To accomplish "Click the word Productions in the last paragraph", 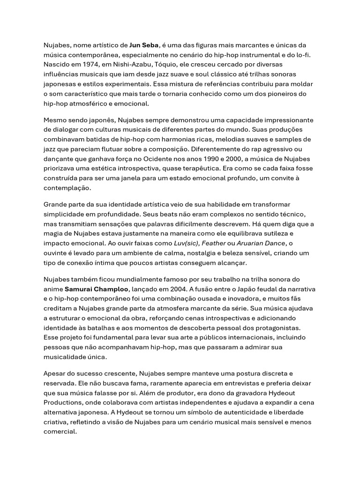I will tap(64, 403).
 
